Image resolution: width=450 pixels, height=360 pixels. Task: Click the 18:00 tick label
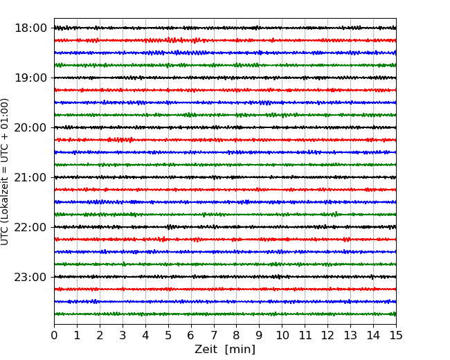(30, 28)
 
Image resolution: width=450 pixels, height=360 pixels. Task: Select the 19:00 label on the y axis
(30, 78)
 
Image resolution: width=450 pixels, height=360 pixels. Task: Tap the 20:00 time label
(30, 127)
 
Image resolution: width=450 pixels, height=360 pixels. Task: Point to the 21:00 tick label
(30, 177)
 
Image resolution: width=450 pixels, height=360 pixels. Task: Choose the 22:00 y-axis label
(30, 227)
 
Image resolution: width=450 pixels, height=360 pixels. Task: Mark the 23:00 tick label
(30, 277)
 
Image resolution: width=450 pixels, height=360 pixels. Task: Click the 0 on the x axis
(54, 335)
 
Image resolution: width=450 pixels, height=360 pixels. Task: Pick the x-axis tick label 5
(168, 335)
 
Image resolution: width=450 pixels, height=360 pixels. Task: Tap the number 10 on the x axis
(282, 335)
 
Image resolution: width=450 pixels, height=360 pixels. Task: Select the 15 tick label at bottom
(396, 335)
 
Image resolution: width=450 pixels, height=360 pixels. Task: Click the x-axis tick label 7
(214, 335)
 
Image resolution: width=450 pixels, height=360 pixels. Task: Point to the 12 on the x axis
(327, 335)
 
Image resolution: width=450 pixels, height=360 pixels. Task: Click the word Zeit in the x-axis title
(206, 349)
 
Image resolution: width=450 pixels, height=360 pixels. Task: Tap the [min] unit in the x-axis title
(240, 350)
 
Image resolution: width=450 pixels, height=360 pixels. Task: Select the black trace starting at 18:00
(225, 28)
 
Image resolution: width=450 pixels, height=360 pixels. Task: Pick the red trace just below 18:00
(225, 40)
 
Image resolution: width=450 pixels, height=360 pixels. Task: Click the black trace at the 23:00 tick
(225, 277)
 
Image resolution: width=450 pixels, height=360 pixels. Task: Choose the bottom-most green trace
(225, 314)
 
